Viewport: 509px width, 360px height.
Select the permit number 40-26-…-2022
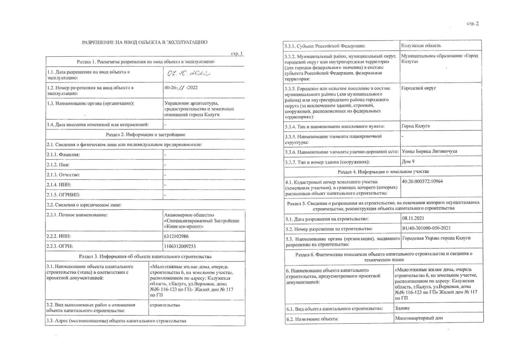pos(181,88)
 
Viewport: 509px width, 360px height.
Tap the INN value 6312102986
pos(176,236)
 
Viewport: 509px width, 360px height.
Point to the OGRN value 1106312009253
pos(180,246)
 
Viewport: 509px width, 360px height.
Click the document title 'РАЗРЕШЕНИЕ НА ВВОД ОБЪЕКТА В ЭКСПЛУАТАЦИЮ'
pos(145,42)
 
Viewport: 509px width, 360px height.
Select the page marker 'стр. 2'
pos(473,24)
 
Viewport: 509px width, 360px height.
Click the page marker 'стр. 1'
pos(237,54)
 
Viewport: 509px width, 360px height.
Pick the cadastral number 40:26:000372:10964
pos(422,182)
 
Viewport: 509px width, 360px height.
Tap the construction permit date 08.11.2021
pos(413,218)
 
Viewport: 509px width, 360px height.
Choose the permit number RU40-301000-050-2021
pos(426,228)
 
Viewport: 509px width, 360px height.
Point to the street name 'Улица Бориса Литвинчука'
pos(429,151)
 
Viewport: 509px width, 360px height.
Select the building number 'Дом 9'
pos(408,162)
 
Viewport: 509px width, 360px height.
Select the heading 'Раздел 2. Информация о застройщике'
pos(145,135)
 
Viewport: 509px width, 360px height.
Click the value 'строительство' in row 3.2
pos(165,305)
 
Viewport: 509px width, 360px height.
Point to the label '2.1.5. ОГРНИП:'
pos(63,195)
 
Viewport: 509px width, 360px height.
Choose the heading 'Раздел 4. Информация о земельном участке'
pos(383,172)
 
